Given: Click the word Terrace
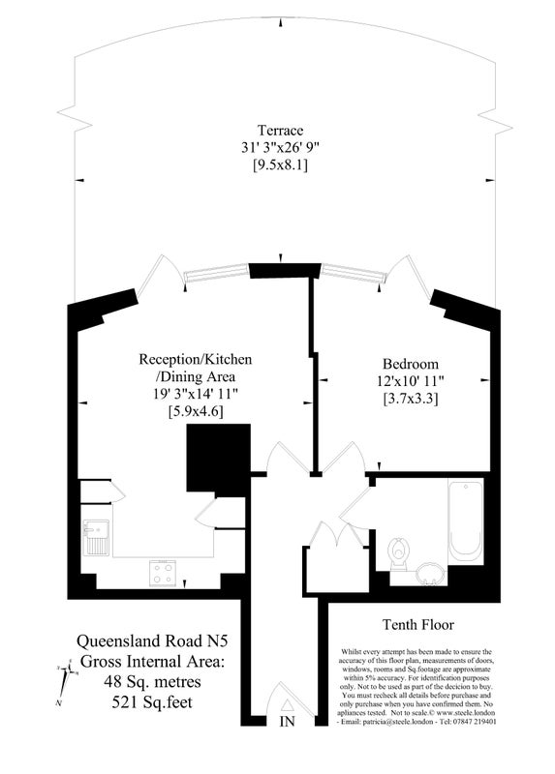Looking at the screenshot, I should pyautogui.click(x=280, y=130).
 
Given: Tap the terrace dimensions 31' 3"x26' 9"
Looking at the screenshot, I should pyautogui.click(x=280, y=146).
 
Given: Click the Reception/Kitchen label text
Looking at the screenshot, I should pyautogui.click(x=196, y=359).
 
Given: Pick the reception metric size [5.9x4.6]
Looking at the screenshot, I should pyautogui.click(x=196, y=411).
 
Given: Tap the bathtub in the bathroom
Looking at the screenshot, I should pyautogui.click(x=465, y=521).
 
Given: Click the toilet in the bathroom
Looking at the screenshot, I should pyautogui.click(x=398, y=554).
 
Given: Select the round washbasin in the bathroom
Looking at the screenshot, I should pyautogui.click(x=432, y=575).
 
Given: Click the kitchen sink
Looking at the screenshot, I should pyautogui.click(x=98, y=536).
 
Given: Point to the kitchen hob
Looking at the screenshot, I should pyautogui.click(x=162, y=572).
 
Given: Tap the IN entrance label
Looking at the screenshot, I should pyautogui.click(x=287, y=722).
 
